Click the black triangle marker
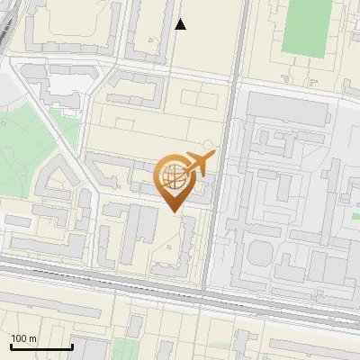[180, 24]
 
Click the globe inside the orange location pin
[171, 175]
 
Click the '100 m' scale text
[24, 338]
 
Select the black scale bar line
[41, 347]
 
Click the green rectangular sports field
[303, 27]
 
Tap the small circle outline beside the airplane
[209, 144]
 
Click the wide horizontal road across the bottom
[180, 286]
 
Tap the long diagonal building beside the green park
[67, 171]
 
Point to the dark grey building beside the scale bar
[90, 351]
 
